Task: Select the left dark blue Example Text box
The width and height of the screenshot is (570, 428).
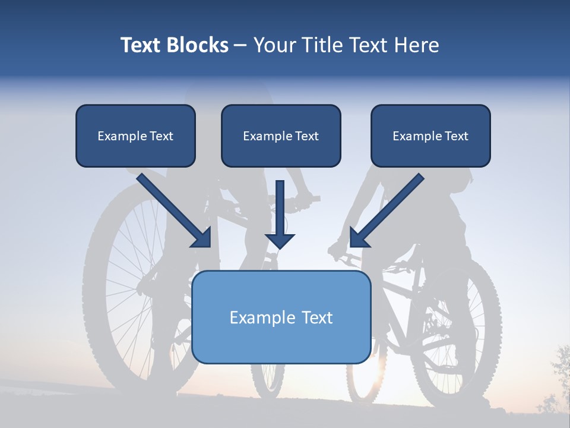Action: [135, 136]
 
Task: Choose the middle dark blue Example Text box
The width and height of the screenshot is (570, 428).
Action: [281, 136]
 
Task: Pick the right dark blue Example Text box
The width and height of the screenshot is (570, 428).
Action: [430, 136]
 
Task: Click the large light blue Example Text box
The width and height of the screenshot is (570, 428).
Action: [281, 317]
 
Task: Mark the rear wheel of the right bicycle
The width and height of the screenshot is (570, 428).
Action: [454, 333]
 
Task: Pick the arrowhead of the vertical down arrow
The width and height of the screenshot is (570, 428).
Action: [280, 240]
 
